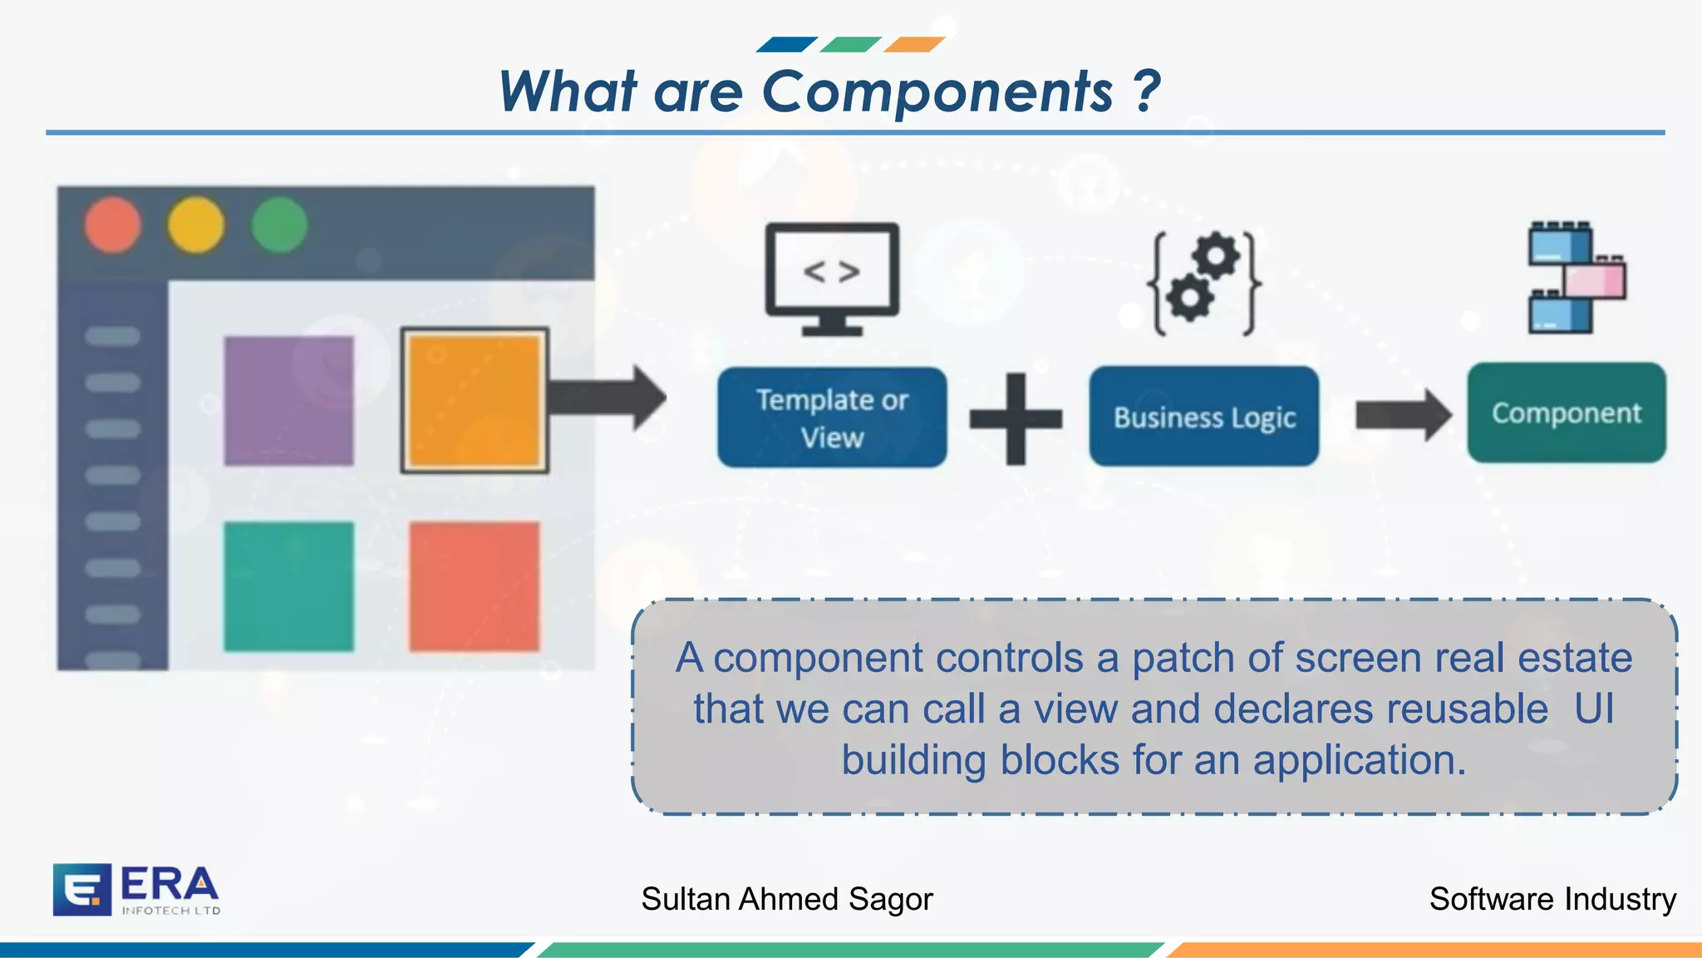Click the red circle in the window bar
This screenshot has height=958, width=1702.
(112, 225)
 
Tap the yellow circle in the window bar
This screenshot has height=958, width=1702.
(196, 225)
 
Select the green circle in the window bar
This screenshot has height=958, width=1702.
(279, 225)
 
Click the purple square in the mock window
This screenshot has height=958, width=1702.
(288, 400)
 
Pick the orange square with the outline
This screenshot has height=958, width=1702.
(475, 400)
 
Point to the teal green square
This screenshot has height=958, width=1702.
(288, 586)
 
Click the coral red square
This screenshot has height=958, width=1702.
(475, 586)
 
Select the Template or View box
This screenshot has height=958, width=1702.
(832, 417)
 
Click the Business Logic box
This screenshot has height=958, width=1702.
(1204, 417)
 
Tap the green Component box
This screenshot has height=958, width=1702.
(1567, 412)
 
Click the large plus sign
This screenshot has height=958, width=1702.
(1016, 418)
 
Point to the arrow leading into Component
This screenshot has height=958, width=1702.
(1403, 414)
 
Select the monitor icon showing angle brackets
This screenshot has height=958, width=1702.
(832, 279)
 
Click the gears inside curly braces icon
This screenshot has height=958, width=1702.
(1204, 283)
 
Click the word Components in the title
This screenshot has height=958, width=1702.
(937, 91)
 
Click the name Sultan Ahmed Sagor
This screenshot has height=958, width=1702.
(787, 899)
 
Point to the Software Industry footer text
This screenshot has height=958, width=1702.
(1552, 899)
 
